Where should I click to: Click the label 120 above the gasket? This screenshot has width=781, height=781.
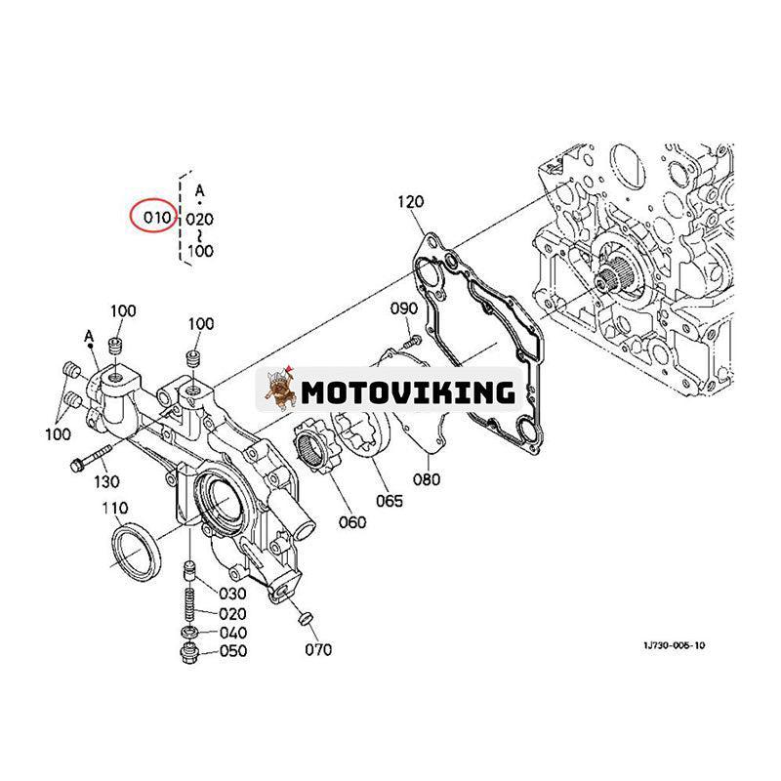tap(411, 203)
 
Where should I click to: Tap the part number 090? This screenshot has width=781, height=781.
tap(403, 309)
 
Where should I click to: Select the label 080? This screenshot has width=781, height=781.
tap(428, 479)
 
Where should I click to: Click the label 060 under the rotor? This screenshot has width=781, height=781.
tap(351, 522)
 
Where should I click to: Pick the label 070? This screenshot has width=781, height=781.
tap(317, 650)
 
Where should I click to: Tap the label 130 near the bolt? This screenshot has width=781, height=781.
tap(105, 481)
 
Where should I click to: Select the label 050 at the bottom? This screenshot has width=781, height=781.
tap(232, 651)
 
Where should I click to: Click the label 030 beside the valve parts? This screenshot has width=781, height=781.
tap(232, 594)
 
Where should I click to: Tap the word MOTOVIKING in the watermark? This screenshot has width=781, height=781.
tap(407, 392)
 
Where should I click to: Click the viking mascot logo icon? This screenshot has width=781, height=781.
tap(280, 390)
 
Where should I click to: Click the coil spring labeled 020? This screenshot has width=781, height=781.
tap(188, 603)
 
